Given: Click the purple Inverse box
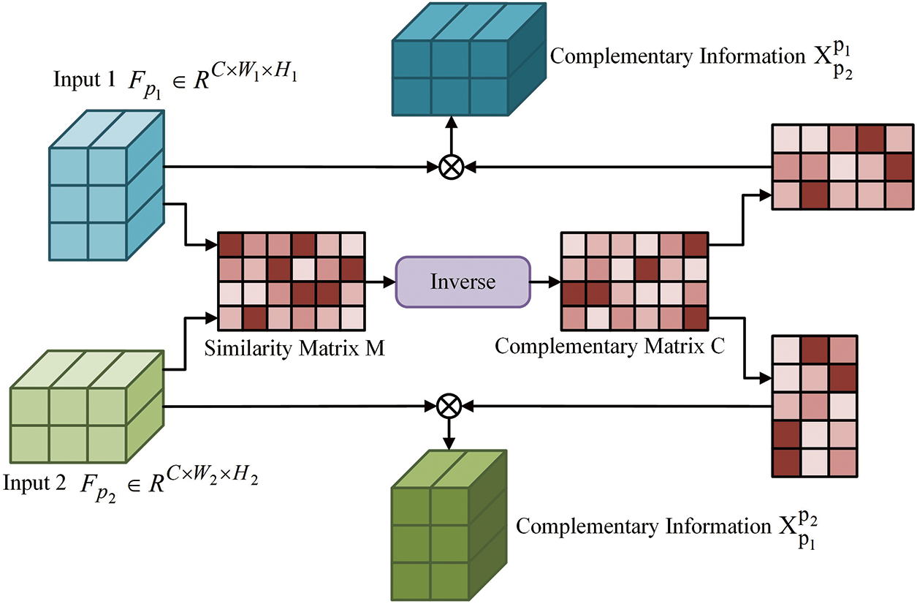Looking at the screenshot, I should coord(462,281).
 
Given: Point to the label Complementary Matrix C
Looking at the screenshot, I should coord(609,346).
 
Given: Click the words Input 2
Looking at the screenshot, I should coord(34,484).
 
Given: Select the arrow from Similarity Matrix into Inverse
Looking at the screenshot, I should coord(379,281).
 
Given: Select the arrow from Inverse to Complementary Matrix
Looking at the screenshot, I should coord(544,281).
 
